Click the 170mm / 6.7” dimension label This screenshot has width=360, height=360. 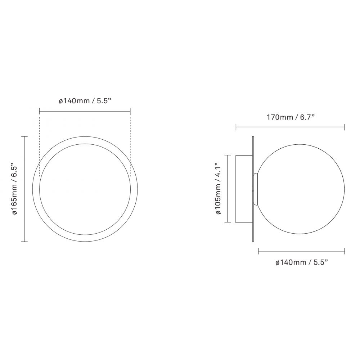[x=290, y=117]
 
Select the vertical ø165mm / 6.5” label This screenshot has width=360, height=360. [x=15, y=189]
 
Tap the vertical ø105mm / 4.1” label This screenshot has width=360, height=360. [x=218, y=189]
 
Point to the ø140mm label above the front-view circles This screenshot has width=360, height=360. [x=85, y=101]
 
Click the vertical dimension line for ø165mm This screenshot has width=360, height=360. [x=24, y=189]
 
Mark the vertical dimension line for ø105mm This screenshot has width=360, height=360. [x=228, y=189]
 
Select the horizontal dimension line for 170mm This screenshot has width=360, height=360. [x=290, y=126]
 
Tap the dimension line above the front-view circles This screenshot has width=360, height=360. [x=85, y=112]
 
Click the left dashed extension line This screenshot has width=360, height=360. [x=39, y=137]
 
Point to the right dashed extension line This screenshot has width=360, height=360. [x=130, y=137]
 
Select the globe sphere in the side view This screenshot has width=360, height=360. [x=301, y=189]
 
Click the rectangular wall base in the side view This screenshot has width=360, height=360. [x=244, y=189]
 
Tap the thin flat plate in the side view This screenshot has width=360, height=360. [x=254, y=189]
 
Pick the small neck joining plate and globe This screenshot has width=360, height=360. [x=256, y=189]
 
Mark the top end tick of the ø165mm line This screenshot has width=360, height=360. [x=24, y=137]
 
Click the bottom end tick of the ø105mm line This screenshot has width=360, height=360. [x=228, y=222]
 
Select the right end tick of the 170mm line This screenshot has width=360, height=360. [x=345, y=126]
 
